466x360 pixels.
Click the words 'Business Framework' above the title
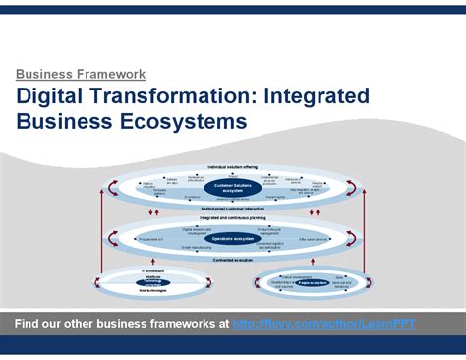point(81,74)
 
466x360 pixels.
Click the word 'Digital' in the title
point(52,96)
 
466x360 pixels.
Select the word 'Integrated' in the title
point(316,96)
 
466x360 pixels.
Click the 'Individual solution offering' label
point(232,166)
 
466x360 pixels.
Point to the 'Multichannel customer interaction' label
point(232,209)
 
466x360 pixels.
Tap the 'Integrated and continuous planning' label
point(232,217)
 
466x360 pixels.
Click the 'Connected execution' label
point(232,260)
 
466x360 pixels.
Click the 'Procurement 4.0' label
point(151,238)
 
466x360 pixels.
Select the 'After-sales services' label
point(313,238)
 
